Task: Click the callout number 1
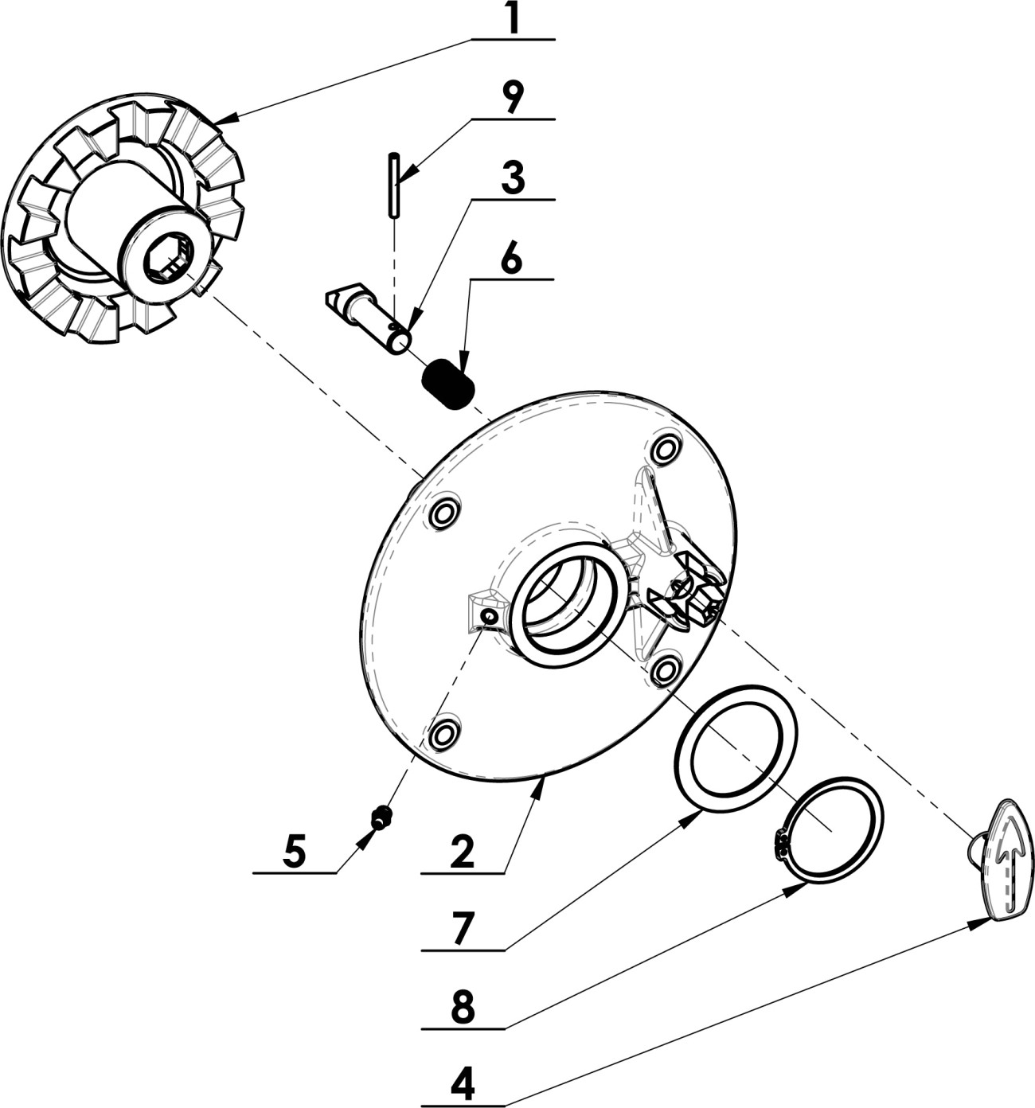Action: pyautogui.click(x=514, y=20)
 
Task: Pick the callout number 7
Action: pyautogui.click(x=463, y=929)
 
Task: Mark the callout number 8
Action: pyautogui.click(x=463, y=1009)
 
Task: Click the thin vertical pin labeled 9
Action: pyautogui.click(x=394, y=185)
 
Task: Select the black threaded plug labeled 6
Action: pyautogui.click(x=447, y=384)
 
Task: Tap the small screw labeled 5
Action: pyautogui.click(x=382, y=817)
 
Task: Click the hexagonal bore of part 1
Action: pyautogui.click(x=169, y=259)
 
